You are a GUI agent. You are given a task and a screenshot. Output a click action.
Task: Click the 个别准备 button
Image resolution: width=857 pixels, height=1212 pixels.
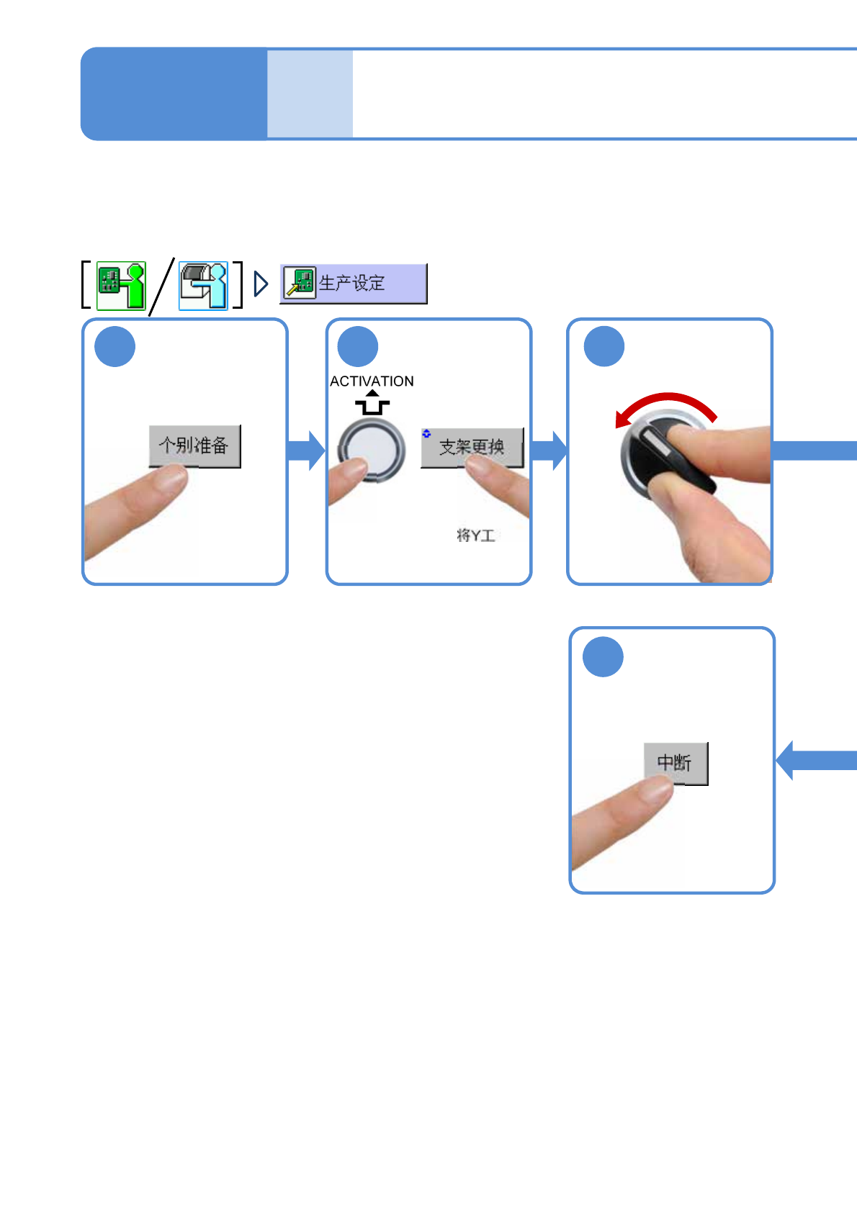coord(194,446)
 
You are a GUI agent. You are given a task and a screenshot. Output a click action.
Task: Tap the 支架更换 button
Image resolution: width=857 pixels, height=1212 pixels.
coord(472,447)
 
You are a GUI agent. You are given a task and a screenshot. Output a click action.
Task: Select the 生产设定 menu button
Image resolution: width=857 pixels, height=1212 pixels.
coord(353,284)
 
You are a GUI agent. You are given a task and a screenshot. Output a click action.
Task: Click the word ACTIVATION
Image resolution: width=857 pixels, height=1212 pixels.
coord(372,381)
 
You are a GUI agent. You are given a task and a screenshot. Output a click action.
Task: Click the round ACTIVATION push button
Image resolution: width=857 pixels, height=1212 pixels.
coord(372,450)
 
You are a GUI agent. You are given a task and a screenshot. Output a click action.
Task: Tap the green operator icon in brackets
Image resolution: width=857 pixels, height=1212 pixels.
coord(121,285)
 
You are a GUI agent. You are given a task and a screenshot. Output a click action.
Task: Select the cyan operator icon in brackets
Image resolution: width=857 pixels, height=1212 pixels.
coord(203,285)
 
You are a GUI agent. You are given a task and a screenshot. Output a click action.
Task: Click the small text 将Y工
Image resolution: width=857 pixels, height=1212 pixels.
coord(475,535)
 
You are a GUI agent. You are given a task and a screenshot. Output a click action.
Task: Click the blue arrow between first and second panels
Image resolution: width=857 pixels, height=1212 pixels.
coord(306,451)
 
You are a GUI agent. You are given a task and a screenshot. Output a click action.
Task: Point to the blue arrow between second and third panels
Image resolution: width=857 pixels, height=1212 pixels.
coord(549,451)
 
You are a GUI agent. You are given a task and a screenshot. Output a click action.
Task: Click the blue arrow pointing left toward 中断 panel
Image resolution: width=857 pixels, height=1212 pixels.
coord(814,760)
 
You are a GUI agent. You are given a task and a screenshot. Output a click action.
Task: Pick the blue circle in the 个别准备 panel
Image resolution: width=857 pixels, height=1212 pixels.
coord(115,347)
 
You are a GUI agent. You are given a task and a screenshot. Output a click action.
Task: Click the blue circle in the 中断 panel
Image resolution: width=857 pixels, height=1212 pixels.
coord(603,657)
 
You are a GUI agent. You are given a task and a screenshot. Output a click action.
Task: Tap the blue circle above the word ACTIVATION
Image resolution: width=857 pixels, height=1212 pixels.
coord(358,347)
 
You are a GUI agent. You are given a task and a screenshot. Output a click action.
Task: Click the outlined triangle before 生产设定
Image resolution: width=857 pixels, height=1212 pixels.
coord(261,284)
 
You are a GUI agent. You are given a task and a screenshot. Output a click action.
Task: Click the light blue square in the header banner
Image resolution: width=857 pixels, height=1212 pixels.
coord(310,94)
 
